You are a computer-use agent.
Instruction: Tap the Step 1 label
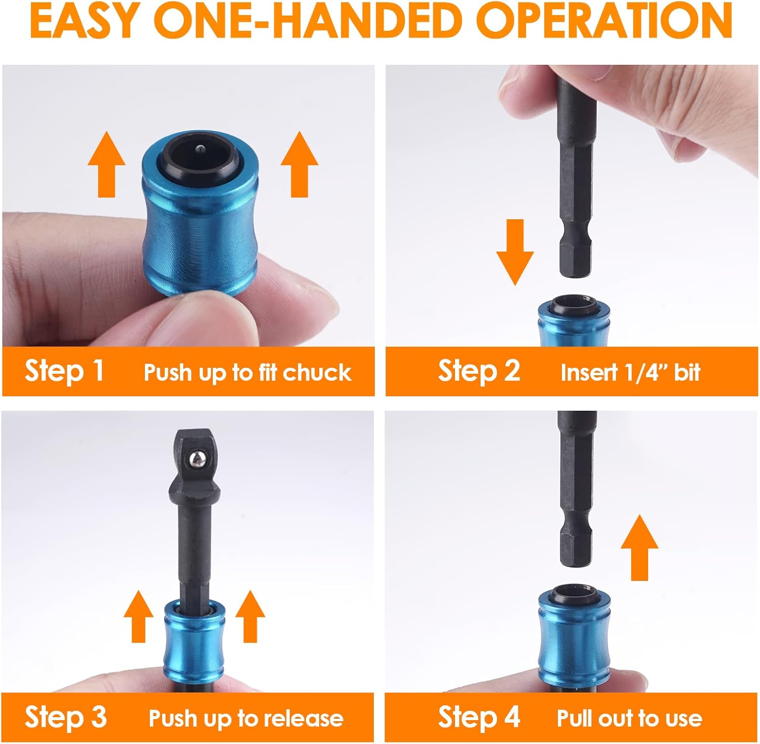64,371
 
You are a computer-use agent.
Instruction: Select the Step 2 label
479,371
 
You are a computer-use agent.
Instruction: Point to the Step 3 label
66,717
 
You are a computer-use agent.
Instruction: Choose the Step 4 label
479,717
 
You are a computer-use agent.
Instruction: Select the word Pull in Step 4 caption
576,718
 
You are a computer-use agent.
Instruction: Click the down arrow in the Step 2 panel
514,251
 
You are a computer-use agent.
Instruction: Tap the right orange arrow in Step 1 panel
299,164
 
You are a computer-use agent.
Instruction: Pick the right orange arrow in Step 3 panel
250,616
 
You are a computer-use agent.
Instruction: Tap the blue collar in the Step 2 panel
573,324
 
